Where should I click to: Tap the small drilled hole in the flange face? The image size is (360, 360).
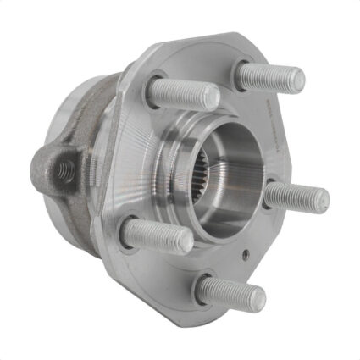click(x=244, y=253)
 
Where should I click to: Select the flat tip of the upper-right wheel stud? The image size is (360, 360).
click(x=296, y=80)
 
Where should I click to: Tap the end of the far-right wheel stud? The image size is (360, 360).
click(x=321, y=201)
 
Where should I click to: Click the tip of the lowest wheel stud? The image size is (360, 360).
click(x=257, y=298)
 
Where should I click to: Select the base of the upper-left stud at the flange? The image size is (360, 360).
click(x=154, y=87)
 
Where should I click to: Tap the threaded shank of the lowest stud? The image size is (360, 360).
click(x=229, y=291)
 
